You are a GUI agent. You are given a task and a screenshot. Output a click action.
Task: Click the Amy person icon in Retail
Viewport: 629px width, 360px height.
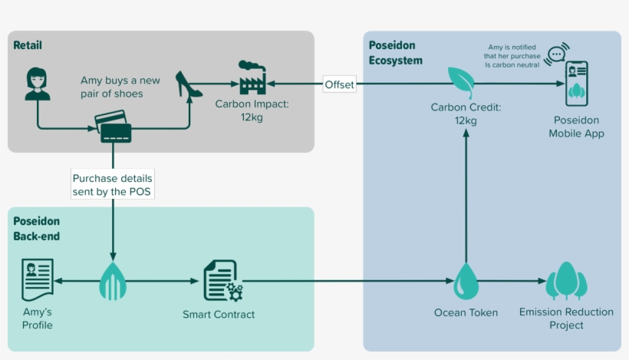pyautogui.click(x=38, y=84)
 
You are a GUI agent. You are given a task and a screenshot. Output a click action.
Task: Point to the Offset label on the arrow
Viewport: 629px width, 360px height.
pyautogui.click(x=340, y=84)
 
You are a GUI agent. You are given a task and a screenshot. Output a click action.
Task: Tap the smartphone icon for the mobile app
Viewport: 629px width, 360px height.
pyautogui.click(x=576, y=84)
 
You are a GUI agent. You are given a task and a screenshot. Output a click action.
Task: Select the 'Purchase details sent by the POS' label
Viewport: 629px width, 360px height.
pyautogui.click(x=113, y=184)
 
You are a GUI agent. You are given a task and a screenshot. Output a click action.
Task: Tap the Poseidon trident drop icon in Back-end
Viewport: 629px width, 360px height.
pyautogui.click(x=113, y=281)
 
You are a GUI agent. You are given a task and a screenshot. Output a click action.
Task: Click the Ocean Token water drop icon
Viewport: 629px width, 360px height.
pyautogui.click(x=466, y=282)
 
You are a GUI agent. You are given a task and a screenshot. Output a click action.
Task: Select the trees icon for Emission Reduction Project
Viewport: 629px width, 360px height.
pyautogui.click(x=566, y=281)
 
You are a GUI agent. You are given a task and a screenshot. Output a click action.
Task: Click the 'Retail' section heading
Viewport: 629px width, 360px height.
pyautogui.click(x=28, y=45)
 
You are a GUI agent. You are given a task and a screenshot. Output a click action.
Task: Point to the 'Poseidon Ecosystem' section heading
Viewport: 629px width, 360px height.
pyautogui.click(x=396, y=53)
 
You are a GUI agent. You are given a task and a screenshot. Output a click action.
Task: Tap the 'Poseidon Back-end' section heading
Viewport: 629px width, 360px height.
pyautogui.click(x=37, y=229)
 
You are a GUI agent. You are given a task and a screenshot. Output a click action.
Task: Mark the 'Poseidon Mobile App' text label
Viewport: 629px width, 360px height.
pyautogui.click(x=576, y=127)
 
